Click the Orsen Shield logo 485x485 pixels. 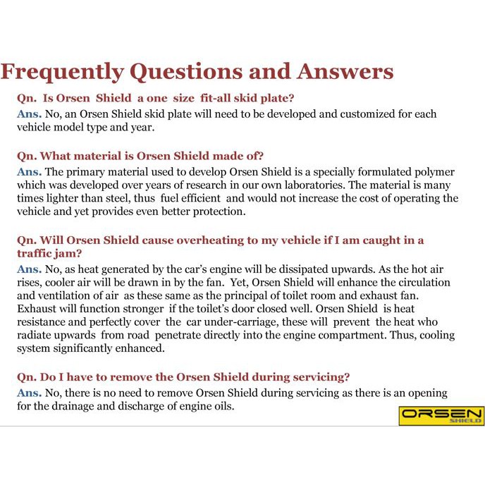point(441,415)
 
